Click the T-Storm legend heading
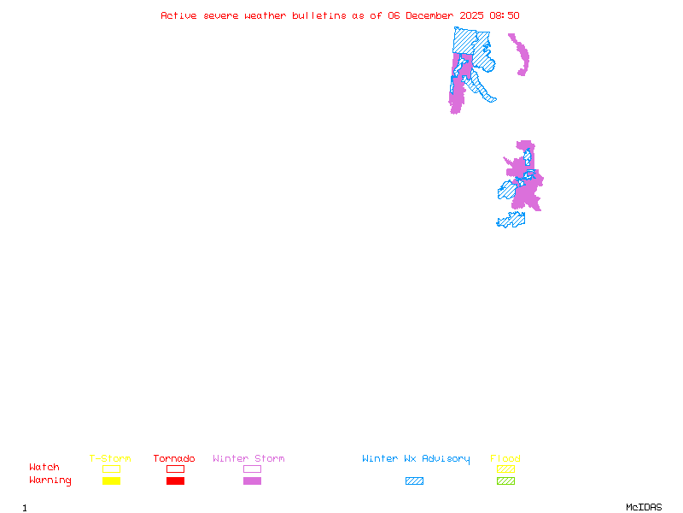tap(110, 459)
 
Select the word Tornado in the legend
tap(174, 459)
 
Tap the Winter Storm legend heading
tap(248, 459)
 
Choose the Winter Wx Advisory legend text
tap(416, 459)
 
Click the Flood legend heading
tap(505, 459)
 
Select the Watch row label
tap(44, 468)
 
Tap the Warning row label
tap(50, 481)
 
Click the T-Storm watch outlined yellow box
tap(111, 469)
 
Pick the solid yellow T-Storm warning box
tap(111, 481)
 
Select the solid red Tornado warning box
tap(175, 481)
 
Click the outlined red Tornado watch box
tap(175, 469)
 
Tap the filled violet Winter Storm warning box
tap(252, 481)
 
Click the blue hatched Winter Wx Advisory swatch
tap(414, 481)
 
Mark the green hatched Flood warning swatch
tap(505, 481)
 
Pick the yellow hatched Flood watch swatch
tap(505, 469)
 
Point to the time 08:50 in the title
tap(505, 15)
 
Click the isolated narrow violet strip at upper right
tap(519, 54)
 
